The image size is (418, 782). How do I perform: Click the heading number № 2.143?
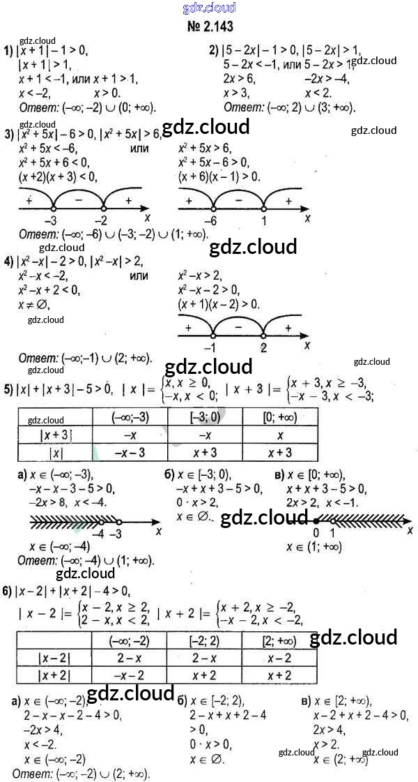click(x=208, y=27)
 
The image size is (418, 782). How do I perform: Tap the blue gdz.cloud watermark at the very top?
click(x=208, y=8)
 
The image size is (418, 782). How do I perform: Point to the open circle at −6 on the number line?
click(x=213, y=208)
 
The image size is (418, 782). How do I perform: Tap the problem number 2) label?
click(x=214, y=50)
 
